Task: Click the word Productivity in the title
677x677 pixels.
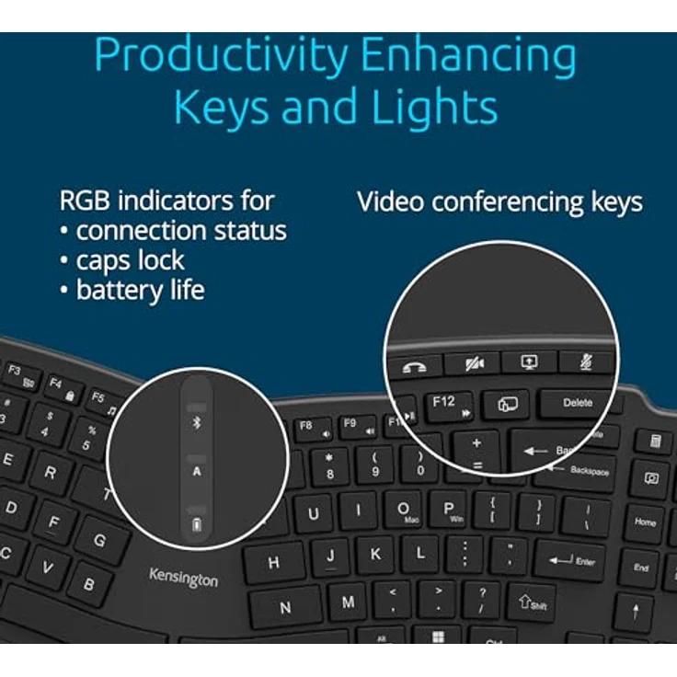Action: click(220, 57)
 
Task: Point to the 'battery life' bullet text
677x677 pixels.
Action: click(139, 291)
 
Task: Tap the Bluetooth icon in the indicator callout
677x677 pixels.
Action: click(196, 423)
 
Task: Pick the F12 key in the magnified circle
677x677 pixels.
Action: click(447, 405)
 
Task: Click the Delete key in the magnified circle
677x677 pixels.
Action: click(578, 403)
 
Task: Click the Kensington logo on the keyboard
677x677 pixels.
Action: click(184, 578)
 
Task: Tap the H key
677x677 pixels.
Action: click(274, 562)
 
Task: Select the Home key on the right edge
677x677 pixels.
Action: click(646, 522)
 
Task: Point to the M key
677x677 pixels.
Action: click(348, 602)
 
